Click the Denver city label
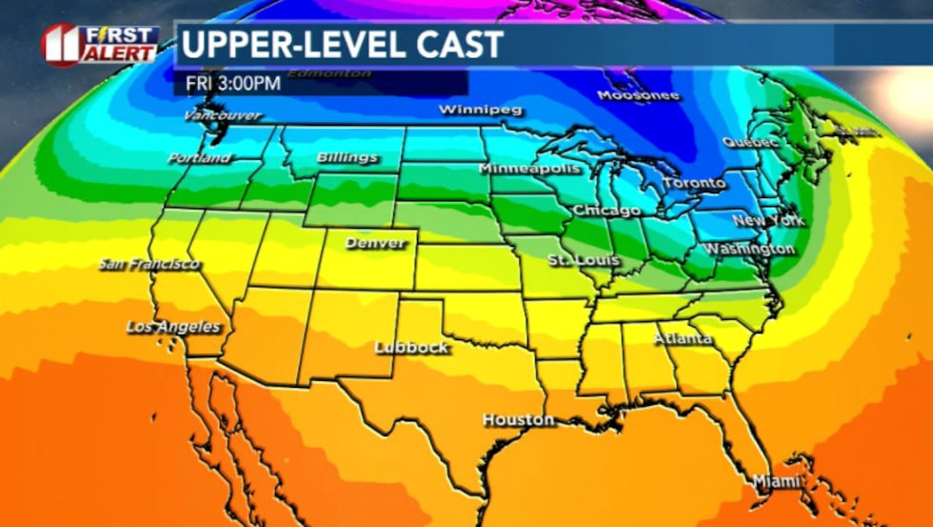pos(375,243)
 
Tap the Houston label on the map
pos(518,419)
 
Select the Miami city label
pos(777,481)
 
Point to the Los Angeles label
pos(173,327)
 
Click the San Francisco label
pos(149,264)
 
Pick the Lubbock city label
pos(411,347)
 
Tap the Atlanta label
pos(683,338)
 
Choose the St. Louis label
pos(584,260)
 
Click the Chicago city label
pos(606,210)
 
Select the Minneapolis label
pos(529,168)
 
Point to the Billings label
pos(347,157)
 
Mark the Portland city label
pos(199,157)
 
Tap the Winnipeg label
pos(481,110)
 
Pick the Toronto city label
pos(693,182)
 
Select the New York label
pos(768,220)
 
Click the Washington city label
pos(748,249)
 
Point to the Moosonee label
pos(639,95)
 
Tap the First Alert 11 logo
pos(100,45)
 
